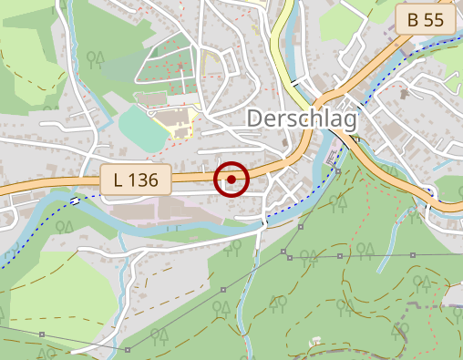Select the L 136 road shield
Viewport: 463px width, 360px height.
(135, 180)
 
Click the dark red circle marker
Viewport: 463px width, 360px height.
(231, 180)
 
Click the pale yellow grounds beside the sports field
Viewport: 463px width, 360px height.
(173, 121)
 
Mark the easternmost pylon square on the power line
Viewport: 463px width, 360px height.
(413, 255)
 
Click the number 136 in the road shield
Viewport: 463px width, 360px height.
(144, 180)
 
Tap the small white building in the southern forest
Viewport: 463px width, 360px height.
(315, 341)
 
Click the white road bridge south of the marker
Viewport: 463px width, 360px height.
(264, 220)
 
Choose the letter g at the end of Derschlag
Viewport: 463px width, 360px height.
(351, 123)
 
